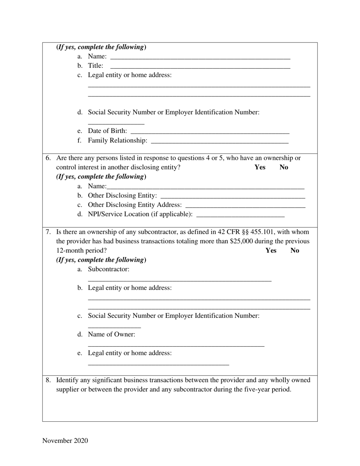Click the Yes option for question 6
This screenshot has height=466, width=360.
click(x=260, y=167)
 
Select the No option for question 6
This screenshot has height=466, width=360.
click(x=284, y=167)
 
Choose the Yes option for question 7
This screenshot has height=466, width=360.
click(x=271, y=250)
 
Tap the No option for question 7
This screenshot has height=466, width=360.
click(x=295, y=250)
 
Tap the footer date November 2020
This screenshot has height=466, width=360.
click(x=65, y=441)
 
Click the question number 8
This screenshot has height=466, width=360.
click(x=48, y=380)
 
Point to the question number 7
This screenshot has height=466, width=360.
click(x=48, y=232)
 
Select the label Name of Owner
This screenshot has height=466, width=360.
click(x=111, y=334)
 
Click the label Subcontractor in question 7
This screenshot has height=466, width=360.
click(x=108, y=269)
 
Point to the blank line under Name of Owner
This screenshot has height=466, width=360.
click(x=176, y=345)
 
